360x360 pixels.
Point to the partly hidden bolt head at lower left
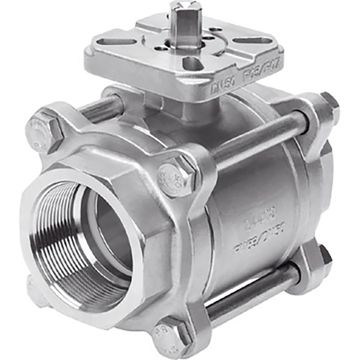pyautogui.click(x=37, y=289)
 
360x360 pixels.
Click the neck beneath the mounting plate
pyautogui.click(x=190, y=105)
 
